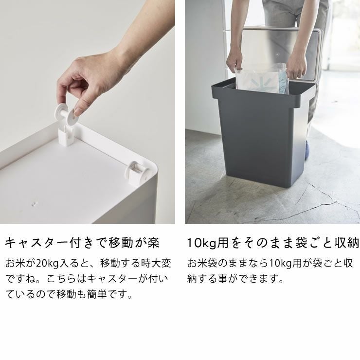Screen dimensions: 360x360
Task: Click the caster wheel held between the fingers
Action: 68,113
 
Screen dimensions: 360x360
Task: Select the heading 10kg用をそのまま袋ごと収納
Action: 273,243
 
